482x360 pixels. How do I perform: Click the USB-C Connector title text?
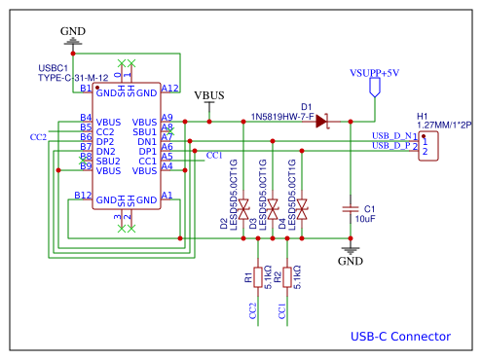point(400,337)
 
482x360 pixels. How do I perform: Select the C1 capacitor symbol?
point(351,209)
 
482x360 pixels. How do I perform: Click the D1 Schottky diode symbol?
point(319,122)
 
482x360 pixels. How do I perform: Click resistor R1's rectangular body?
point(257,277)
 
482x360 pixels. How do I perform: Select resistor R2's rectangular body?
point(286,277)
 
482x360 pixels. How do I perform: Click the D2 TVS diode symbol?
point(244,208)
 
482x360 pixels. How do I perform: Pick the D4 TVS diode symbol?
point(303,208)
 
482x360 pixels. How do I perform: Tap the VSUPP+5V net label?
point(375,73)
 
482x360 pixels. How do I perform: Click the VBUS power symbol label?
point(209,95)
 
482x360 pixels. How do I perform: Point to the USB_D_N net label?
point(393,135)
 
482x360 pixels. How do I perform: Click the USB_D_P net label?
point(393,146)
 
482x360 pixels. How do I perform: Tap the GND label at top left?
point(73,31)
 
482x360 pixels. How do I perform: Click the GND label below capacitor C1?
point(350,262)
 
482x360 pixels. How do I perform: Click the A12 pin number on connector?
point(169,88)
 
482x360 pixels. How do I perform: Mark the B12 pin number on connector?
point(83,196)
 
